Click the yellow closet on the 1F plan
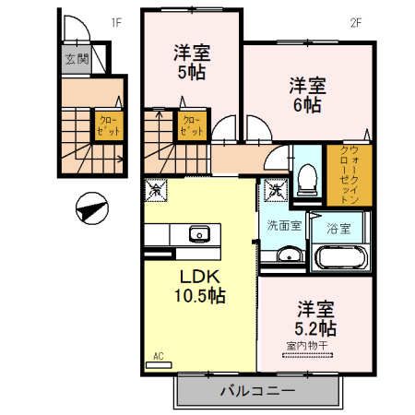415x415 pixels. [x=104, y=125]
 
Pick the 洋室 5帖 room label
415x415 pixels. [x=190, y=62]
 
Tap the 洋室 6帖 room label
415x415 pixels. [x=307, y=95]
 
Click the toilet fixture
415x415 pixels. [x=309, y=177]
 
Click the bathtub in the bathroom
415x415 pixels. [x=341, y=256]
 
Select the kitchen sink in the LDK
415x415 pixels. [x=200, y=233]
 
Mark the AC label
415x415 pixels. [x=158, y=356]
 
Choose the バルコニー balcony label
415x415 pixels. [x=256, y=390]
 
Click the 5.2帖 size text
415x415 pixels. [x=315, y=327]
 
